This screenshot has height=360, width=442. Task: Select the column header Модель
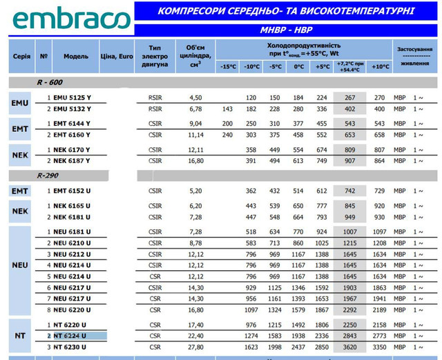pyautogui.click(x=76, y=56)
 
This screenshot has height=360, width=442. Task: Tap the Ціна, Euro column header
pyautogui.click(x=117, y=56)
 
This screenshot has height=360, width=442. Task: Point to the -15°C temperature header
pyautogui.click(x=228, y=67)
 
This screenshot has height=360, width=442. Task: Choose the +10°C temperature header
pyautogui.click(x=379, y=67)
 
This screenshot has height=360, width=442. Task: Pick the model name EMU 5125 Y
pyautogui.click(x=72, y=97)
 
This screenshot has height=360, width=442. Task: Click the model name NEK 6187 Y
pyautogui.click(x=72, y=160)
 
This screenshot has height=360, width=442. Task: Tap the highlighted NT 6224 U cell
pyautogui.click(x=72, y=335)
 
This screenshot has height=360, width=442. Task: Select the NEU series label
pyautogui.click(x=20, y=265)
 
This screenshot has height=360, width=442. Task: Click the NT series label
pyautogui.click(x=20, y=335)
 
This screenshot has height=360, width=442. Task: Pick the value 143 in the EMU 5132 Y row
pyautogui.click(x=228, y=108)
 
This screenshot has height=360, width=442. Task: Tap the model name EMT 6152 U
pyautogui.click(x=72, y=190)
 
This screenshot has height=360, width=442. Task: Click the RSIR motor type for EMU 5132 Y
pyautogui.click(x=155, y=108)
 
